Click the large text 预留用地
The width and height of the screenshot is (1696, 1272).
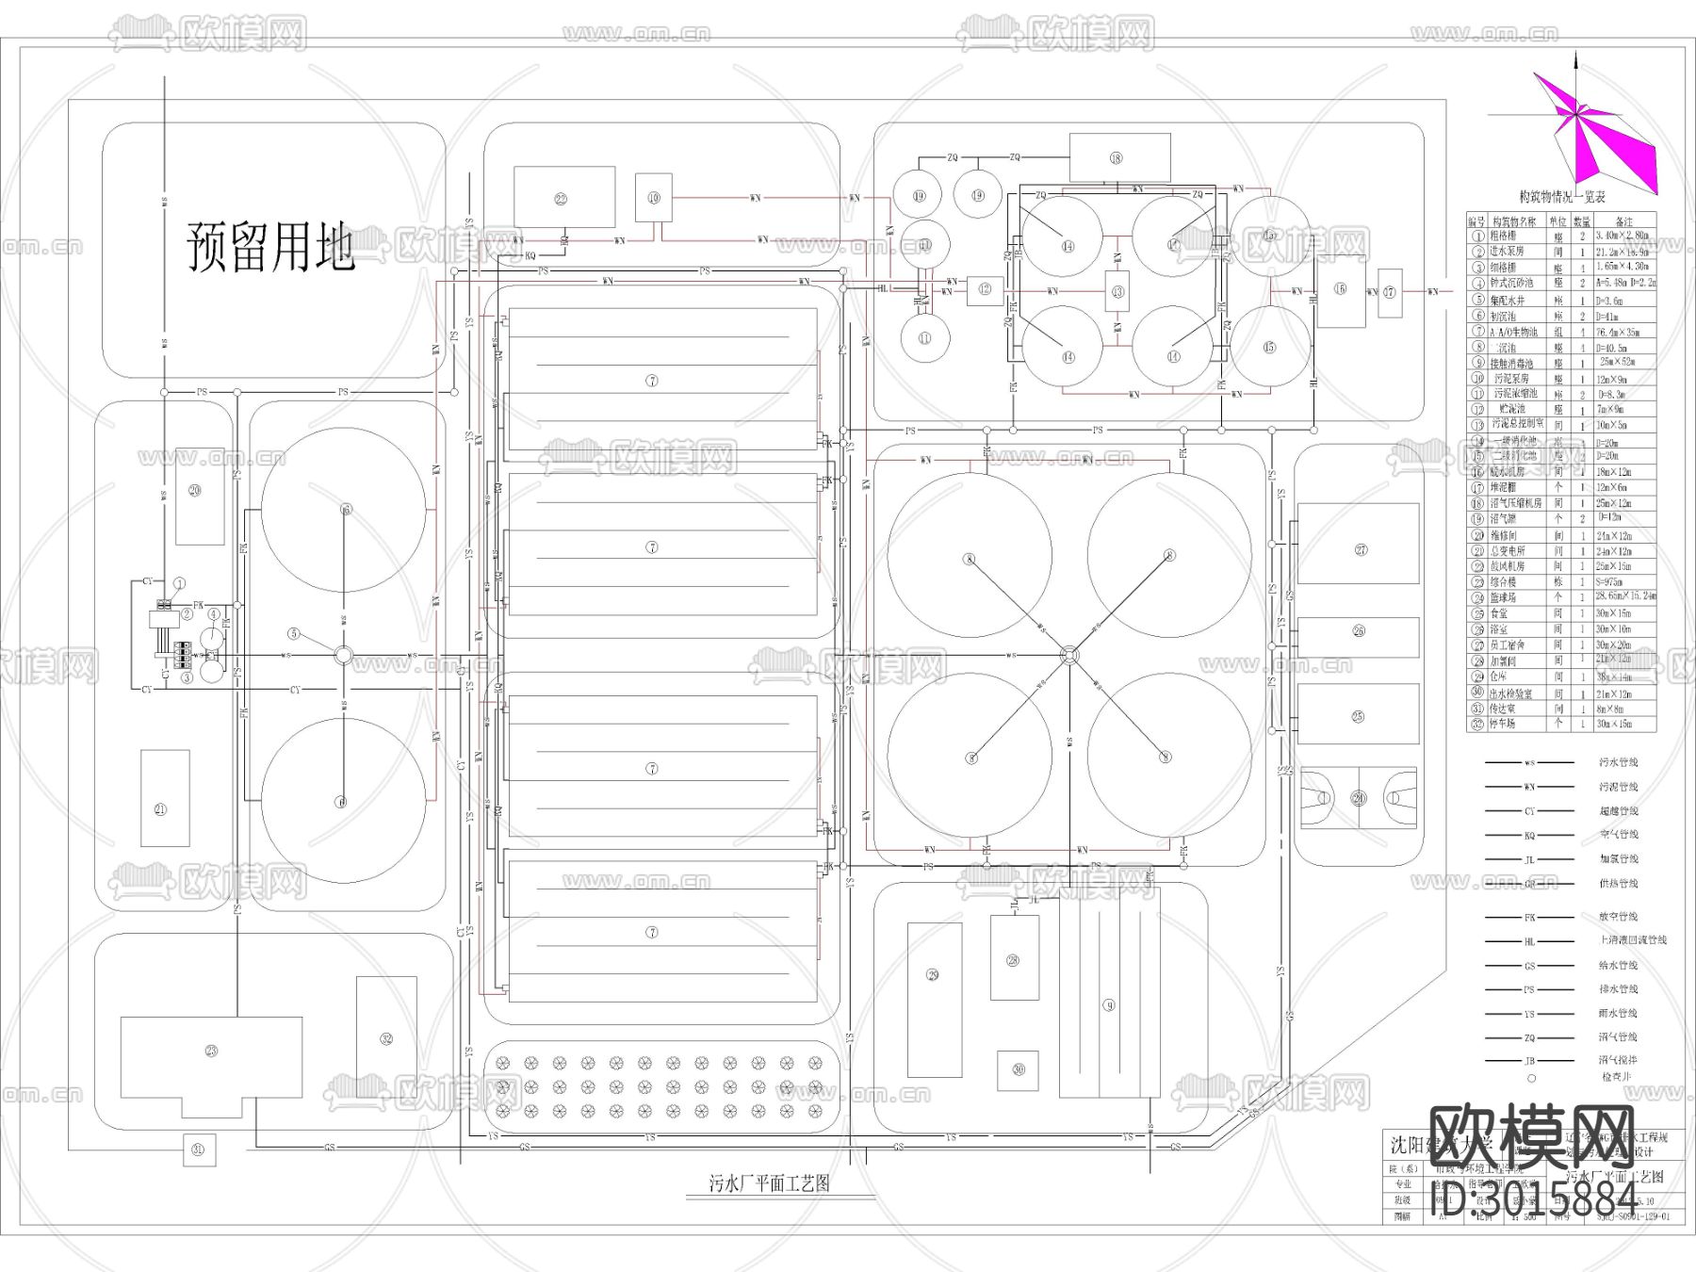271,247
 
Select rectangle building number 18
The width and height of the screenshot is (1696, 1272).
1119,157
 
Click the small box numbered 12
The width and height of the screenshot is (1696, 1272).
985,289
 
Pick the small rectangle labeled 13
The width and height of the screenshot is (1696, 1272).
1117,291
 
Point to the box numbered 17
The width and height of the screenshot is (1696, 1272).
1390,292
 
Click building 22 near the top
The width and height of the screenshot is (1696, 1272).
563,198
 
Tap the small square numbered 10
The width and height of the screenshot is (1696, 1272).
653,198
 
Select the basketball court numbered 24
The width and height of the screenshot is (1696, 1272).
1358,798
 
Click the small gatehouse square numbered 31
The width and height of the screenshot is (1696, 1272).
198,1150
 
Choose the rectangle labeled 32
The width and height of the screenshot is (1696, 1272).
386,1037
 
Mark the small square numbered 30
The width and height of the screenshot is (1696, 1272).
1018,1070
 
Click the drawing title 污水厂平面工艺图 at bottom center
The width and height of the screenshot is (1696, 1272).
769,1183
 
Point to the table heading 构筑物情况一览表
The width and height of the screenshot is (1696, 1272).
1561,197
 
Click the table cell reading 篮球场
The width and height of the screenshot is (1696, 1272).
1505,597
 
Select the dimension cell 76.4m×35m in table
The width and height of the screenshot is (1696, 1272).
1619,332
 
